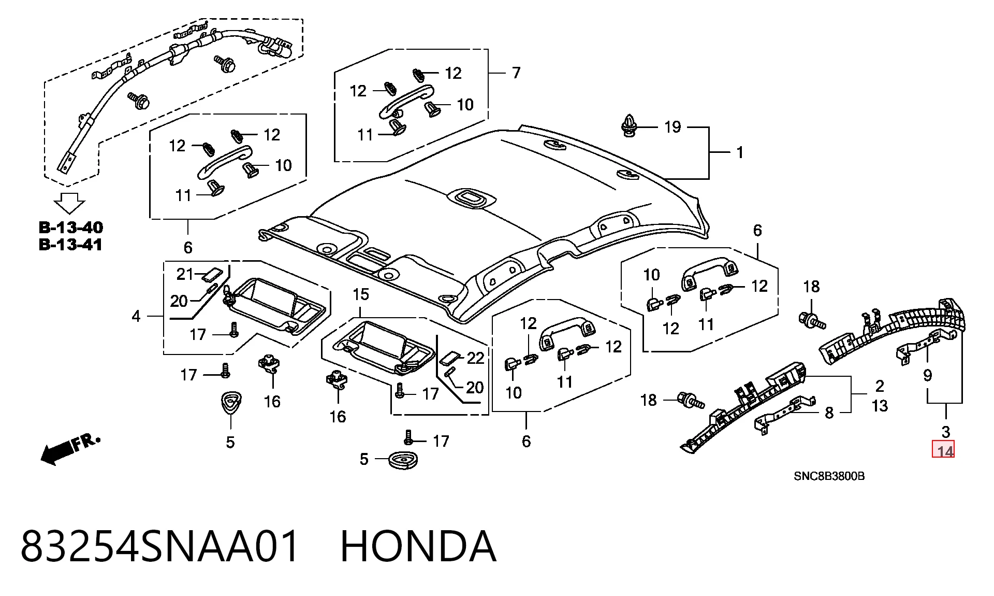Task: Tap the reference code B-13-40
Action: tap(71, 228)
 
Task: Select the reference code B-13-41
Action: tap(71, 245)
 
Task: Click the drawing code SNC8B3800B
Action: tap(829, 476)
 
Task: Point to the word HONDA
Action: tap(418, 546)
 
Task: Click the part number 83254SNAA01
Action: tap(160, 546)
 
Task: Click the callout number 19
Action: tap(673, 127)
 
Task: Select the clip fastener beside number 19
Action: tap(629, 126)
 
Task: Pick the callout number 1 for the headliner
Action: tap(740, 152)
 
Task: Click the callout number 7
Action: tap(516, 73)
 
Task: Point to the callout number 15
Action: tap(361, 294)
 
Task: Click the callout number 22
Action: tap(475, 358)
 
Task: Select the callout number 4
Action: tap(136, 316)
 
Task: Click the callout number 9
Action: tap(927, 375)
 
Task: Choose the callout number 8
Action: tap(829, 413)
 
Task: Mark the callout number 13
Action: tap(880, 405)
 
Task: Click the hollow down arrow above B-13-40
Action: tap(70, 203)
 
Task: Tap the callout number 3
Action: tap(945, 432)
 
